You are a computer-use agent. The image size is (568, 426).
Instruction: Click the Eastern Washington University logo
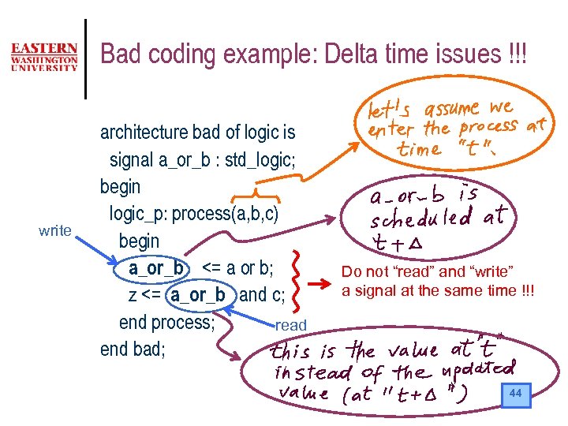point(44,56)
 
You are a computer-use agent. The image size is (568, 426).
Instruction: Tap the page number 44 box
point(515,393)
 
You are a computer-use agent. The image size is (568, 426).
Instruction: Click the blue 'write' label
point(55,231)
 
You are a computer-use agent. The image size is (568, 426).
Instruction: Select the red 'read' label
point(290,325)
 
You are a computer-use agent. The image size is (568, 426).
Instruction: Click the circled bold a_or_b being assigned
point(156,268)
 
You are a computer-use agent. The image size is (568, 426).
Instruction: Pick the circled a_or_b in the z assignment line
point(197,295)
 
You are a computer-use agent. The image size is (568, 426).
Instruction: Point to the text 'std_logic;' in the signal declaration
point(260,160)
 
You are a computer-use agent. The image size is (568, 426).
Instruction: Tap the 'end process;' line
point(166,322)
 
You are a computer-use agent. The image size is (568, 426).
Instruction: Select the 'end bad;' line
point(133,349)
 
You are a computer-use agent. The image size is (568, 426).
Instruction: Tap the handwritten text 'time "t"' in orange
point(433,149)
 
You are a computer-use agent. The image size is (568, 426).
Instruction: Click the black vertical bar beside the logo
point(85,58)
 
